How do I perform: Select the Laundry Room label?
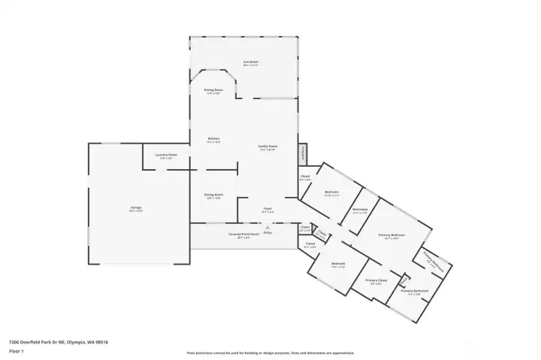pos(166,156)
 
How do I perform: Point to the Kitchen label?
pos(213,139)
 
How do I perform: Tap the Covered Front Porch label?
pos(244,235)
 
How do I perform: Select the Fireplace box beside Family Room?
pos(303,153)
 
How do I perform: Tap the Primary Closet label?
pos(373,282)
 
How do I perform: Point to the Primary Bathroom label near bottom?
pos(414,291)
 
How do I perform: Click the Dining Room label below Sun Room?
pos(213,90)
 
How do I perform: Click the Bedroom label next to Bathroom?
pos(331,193)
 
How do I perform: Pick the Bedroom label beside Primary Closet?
pos(338,265)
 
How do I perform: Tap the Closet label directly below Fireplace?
pos(305,177)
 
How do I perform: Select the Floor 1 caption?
pos(17,351)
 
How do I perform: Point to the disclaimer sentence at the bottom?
pos(270,352)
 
